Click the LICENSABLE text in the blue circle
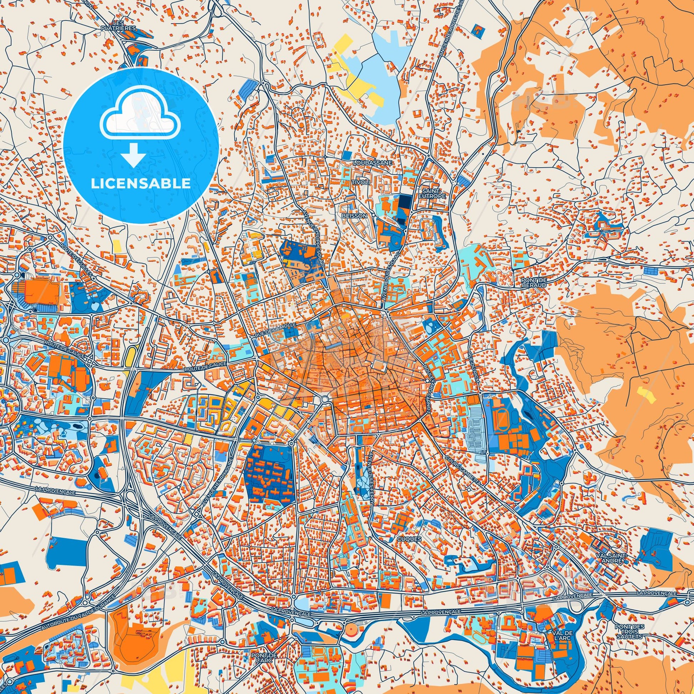[x=141, y=184]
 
